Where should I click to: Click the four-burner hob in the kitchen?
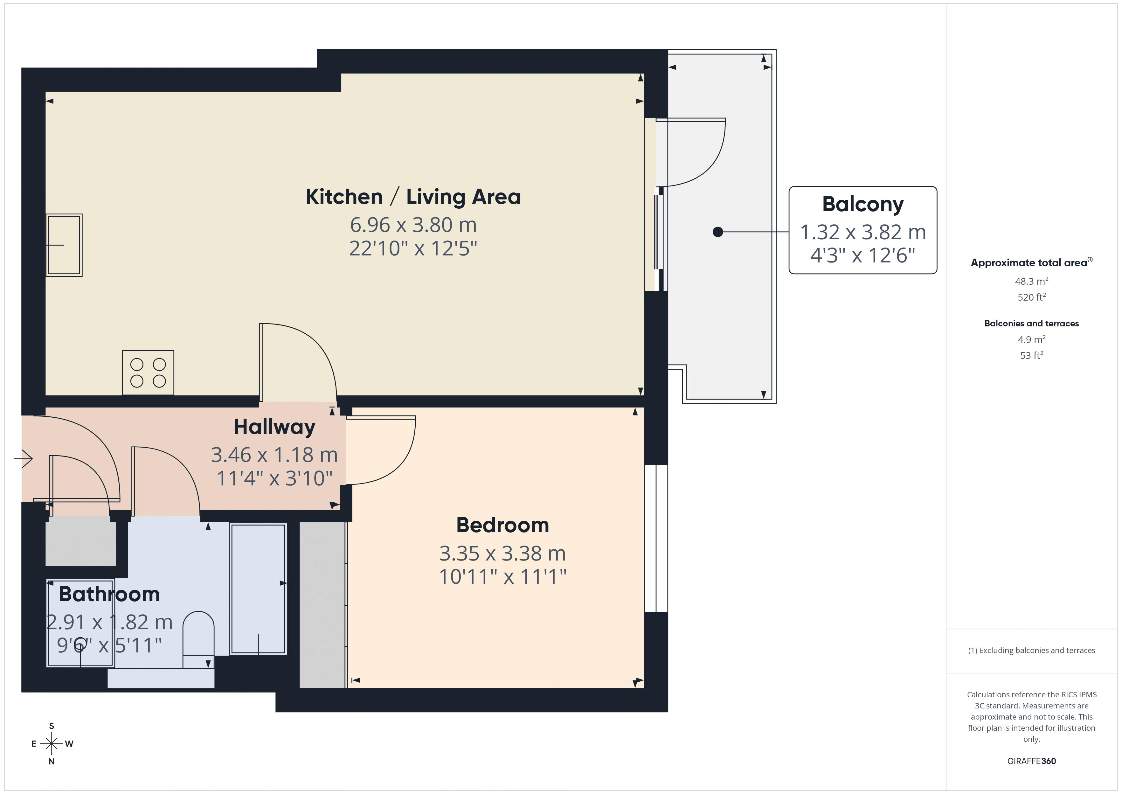[148, 373]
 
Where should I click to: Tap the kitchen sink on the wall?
[64, 245]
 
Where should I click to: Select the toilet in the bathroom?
[198, 639]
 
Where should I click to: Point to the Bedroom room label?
[502, 525]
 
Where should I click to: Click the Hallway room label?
[275, 427]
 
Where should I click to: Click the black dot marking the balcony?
[718, 232]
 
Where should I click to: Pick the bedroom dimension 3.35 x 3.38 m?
[502, 554]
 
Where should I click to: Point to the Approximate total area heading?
[1031, 262]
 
